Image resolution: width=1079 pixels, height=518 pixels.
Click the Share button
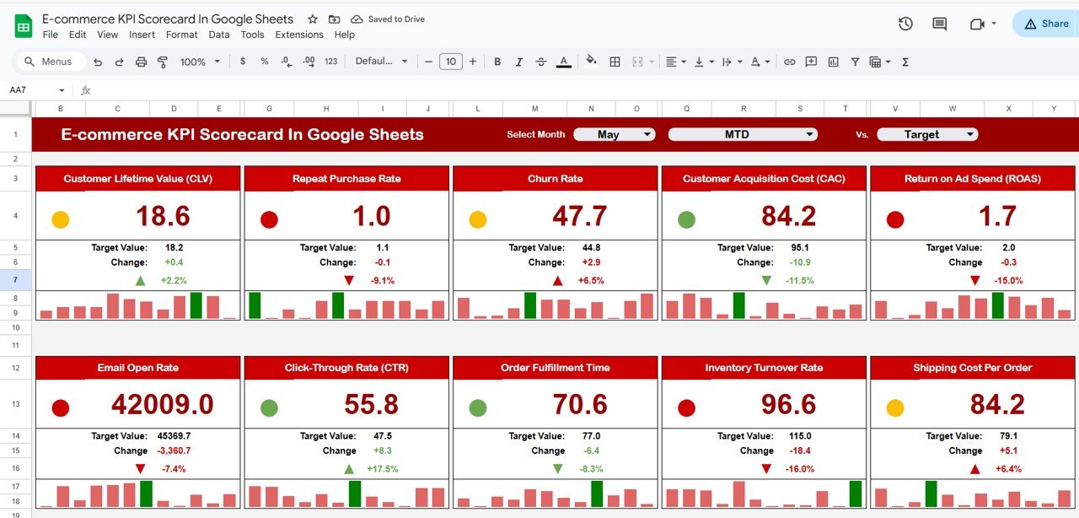click(x=1046, y=24)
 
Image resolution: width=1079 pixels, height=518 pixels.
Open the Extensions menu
click(x=299, y=35)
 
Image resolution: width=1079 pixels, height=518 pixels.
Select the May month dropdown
click(x=615, y=134)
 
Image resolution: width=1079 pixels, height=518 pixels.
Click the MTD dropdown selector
click(x=743, y=134)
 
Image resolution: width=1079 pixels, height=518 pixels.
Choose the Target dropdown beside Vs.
click(x=927, y=134)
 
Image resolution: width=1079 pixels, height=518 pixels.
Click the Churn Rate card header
click(x=555, y=179)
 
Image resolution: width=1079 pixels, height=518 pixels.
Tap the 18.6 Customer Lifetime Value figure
click(x=163, y=216)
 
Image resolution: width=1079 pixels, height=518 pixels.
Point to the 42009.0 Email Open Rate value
click(x=163, y=405)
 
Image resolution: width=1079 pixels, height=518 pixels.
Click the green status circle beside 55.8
click(x=269, y=408)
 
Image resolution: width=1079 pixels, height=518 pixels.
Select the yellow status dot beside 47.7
click(x=478, y=219)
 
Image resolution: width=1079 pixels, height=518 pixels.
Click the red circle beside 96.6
click(x=686, y=408)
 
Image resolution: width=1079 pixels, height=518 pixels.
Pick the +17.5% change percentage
click(x=383, y=469)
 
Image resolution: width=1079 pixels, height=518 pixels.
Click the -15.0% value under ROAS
click(x=1008, y=280)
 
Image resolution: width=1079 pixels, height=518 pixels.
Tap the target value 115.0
click(x=800, y=436)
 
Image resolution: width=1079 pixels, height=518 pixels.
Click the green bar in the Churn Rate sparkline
click(x=530, y=305)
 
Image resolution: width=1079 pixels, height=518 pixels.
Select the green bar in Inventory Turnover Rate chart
click(x=856, y=494)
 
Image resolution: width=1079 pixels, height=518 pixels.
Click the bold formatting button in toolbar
click(x=497, y=62)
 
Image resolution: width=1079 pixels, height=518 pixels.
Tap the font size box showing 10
click(x=450, y=62)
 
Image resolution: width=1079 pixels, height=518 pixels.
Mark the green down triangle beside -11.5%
click(x=766, y=280)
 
